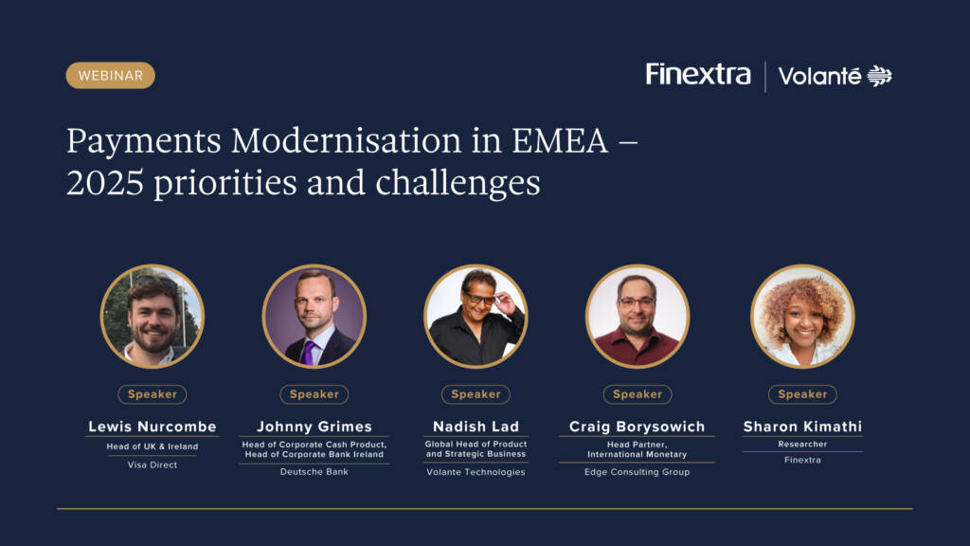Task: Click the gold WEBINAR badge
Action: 110,76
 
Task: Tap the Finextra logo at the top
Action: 698,74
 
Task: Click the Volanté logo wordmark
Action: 819,76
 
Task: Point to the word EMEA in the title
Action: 559,140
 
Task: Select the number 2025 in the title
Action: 105,183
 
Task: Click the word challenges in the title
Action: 458,184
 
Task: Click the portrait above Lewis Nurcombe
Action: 153,317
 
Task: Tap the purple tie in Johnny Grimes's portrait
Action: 308,353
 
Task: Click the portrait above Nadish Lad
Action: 476,317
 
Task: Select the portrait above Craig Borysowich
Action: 638,317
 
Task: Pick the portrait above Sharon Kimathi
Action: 802,317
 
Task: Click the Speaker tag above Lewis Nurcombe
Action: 153,394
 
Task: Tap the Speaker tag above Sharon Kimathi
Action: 802,394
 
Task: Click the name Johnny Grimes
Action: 314,427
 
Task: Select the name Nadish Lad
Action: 476,427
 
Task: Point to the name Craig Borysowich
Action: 638,427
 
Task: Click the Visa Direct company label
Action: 153,464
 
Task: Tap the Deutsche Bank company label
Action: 314,472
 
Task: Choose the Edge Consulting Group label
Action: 638,472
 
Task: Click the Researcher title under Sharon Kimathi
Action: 802,444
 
